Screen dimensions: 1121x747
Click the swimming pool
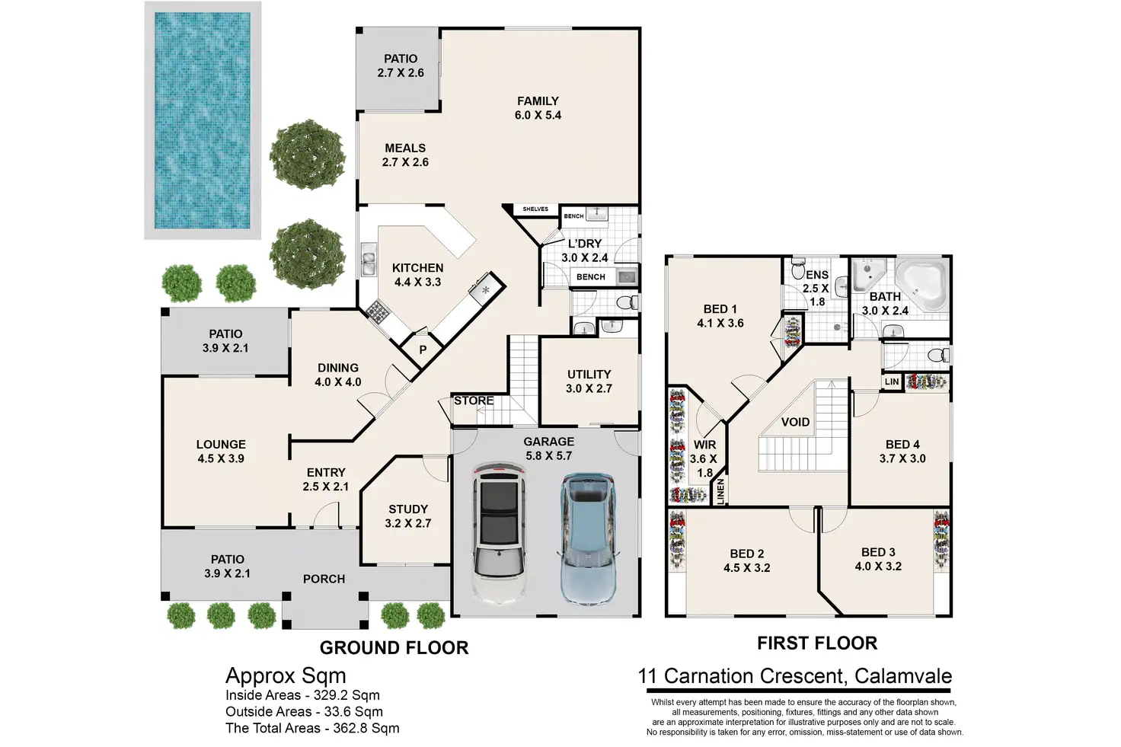click(x=202, y=120)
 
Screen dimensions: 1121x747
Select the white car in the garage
click(x=500, y=533)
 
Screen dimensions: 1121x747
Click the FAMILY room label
click(x=538, y=101)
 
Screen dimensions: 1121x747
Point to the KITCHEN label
click(x=417, y=268)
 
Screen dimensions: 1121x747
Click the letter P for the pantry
click(x=423, y=350)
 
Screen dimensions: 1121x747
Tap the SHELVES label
click(x=535, y=209)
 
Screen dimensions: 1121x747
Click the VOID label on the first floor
click(x=795, y=423)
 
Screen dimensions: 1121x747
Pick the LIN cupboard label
click(x=892, y=381)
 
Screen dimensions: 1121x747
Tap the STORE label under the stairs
click(x=474, y=401)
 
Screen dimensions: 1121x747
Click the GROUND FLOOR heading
click(x=394, y=648)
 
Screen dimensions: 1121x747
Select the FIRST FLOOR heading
click(x=817, y=643)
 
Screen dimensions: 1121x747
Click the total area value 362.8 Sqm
click(x=366, y=729)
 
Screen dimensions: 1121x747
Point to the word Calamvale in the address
click(x=902, y=676)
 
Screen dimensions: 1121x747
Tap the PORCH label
click(x=324, y=579)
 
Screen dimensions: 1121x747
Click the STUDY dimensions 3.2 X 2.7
click(x=408, y=523)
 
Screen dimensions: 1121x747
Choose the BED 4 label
click(x=902, y=445)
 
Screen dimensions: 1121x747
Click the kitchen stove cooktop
click(x=378, y=311)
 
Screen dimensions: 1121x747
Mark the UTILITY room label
click(x=589, y=375)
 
